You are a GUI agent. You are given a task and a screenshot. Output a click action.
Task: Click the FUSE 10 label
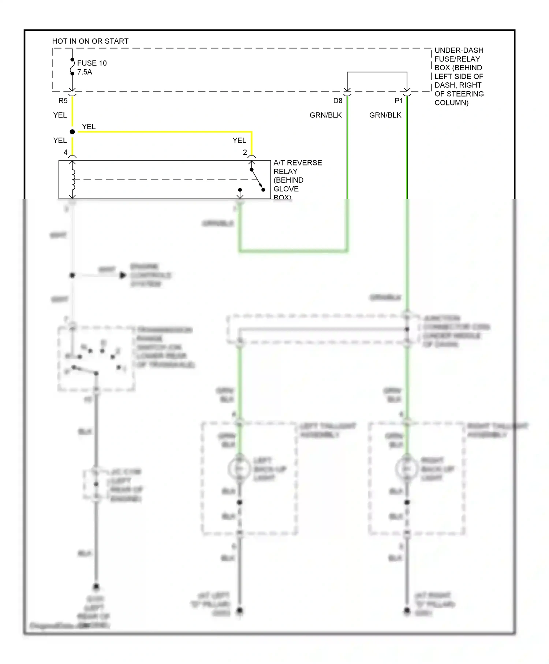[x=92, y=63]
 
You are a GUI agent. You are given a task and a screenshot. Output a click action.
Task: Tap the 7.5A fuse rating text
[x=85, y=72]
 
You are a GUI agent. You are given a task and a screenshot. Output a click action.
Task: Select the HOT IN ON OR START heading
[x=90, y=41]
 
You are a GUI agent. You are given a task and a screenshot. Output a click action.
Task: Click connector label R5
[x=63, y=101]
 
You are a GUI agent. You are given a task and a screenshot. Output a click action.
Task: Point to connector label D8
[x=337, y=101]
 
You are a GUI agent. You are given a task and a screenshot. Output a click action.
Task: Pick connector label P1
[x=399, y=101]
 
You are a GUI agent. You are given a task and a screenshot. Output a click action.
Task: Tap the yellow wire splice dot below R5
[x=72, y=132]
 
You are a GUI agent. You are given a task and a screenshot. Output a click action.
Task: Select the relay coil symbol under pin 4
[x=73, y=180]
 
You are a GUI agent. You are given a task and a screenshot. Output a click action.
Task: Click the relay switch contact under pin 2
[x=257, y=180]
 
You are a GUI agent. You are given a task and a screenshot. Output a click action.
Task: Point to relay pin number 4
[x=66, y=152]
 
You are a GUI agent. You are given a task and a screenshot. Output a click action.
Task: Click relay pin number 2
[x=245, y=152]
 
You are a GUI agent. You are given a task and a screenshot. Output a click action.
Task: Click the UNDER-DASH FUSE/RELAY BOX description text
[x=459, y=76]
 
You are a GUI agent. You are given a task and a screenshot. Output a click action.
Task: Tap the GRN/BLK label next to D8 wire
[x=325, y=115]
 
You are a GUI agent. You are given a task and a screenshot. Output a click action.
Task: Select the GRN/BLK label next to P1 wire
[x=385, y=115]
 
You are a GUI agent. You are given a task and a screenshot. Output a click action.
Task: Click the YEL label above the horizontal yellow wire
[x=89, y=127]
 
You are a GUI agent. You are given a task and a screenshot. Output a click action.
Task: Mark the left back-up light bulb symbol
[x=239, y=469]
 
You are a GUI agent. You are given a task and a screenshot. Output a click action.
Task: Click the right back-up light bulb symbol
[x=407, y=469]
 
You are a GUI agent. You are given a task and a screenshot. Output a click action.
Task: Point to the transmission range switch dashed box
[x=96, y=359]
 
